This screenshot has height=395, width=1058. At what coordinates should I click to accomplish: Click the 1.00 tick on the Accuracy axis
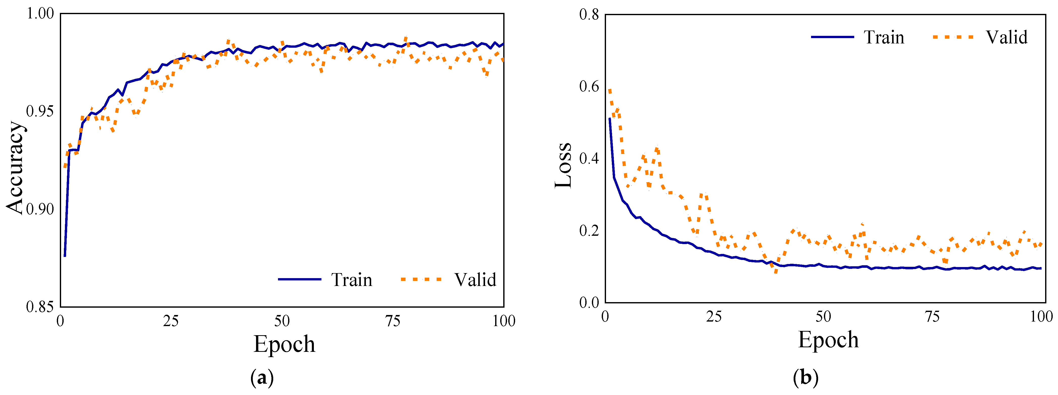tap(40, 14)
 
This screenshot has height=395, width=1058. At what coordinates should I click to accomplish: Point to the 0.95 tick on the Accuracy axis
tap(40, 111)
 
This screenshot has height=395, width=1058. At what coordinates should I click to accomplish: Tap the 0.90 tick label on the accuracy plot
tap(40, 209)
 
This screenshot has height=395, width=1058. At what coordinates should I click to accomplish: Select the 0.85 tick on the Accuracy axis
tap(40, 307)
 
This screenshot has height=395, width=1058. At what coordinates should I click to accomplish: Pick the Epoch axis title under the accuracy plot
tap(284, 344)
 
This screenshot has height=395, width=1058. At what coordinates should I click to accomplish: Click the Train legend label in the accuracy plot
tap(351, 280)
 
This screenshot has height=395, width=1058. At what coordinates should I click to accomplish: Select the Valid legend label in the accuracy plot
tap(475, 280)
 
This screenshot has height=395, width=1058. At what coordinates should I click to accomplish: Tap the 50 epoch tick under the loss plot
tap(823, 317)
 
